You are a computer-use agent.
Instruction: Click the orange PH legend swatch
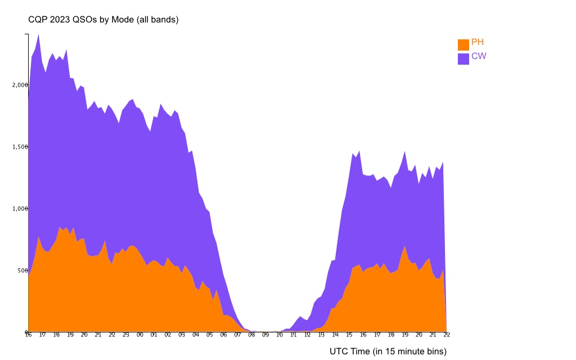point(463,45)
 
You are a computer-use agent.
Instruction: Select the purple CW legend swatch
point(463,59)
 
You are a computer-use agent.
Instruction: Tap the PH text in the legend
point(478,42)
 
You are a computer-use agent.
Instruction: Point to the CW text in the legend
point(479,56)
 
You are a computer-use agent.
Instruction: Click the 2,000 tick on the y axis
point(20,85)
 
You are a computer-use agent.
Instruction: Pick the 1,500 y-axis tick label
point(20,147)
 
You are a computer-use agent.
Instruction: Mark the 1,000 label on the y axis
point(20,209)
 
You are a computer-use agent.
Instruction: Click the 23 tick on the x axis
point(126,335)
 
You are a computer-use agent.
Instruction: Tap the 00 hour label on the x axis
point(140,335)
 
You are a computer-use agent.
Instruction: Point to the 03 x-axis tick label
point(182,335)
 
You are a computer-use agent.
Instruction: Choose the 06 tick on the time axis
point(223,335)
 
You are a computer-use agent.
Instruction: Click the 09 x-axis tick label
point(265,335)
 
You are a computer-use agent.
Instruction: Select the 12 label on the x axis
point(307,335)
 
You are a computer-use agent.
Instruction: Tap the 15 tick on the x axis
point(349,335)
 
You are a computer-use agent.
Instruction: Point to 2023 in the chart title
point(61,20)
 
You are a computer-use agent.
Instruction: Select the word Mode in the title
point(121,20)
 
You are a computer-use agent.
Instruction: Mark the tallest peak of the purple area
point(38,35)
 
